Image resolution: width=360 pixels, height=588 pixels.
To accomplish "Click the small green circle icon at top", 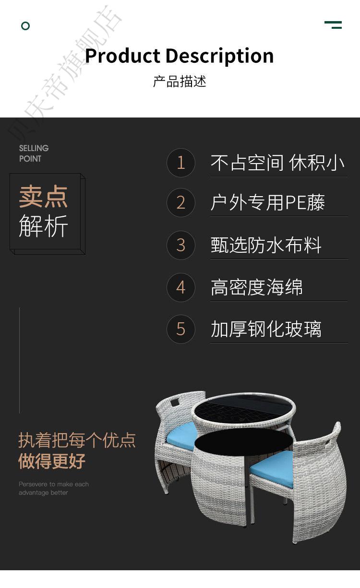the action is (25, 26).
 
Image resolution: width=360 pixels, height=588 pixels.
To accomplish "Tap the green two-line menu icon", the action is (333, 25).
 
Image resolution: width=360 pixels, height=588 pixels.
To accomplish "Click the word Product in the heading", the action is (122, 56).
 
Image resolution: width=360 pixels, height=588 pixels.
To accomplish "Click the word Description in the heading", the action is (220, 56).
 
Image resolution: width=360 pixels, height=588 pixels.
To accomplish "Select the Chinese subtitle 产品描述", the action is (180, 82).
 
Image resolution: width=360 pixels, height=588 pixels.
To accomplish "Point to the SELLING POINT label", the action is (34, 153).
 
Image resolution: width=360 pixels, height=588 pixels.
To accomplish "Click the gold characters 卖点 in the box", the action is (43, 196).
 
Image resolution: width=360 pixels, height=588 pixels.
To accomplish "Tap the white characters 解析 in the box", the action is (43, 226).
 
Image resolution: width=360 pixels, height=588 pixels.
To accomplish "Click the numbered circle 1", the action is (181, 163).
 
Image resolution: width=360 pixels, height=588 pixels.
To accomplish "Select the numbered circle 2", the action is (181, 203).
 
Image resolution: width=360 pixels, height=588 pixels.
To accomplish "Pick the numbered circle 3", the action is (181, 245).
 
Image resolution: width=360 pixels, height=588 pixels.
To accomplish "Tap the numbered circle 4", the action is (181, 287).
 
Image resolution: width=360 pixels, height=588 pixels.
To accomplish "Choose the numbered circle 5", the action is (181, 329).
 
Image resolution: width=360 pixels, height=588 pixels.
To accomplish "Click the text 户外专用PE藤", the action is (268, 203).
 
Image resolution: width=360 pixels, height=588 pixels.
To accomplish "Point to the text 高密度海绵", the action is (257, 287).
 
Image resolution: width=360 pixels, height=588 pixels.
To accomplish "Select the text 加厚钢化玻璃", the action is (266, 329).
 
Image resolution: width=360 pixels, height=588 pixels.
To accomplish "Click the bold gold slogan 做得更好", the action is (52, 461).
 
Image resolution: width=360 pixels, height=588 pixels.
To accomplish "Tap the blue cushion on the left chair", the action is (181, 436).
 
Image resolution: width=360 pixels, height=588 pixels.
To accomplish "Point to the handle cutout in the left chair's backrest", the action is (175, 402).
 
